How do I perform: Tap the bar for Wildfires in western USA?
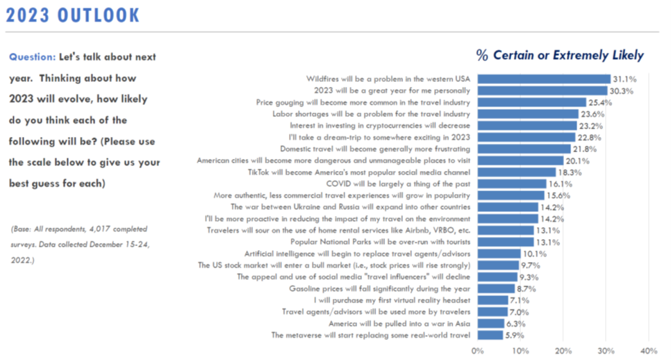point(543,79)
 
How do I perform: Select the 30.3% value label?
point(622,90)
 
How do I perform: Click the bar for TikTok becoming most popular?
point(516,172)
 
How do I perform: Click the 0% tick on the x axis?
point(477,350)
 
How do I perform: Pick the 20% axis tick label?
point(563,350)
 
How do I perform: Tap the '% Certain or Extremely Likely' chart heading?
point(560,56)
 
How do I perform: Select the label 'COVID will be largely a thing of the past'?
point(398,183)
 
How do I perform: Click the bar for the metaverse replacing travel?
point(490,335)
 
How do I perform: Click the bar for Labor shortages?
point(527,113)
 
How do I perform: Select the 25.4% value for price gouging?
point(600,102)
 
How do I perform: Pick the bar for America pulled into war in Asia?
point(490,323)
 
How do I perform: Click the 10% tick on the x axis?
point(520,350)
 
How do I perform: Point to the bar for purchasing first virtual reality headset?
point(492,300)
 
